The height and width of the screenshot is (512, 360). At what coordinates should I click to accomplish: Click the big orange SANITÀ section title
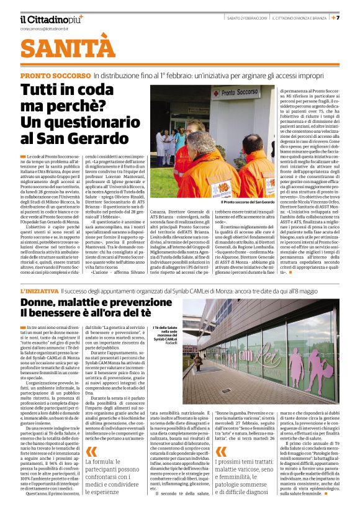coord(68,49)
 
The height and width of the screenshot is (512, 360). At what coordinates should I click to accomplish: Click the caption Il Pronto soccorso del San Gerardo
coord(248,202)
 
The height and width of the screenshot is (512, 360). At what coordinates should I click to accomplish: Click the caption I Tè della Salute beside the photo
coord(166,333)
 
